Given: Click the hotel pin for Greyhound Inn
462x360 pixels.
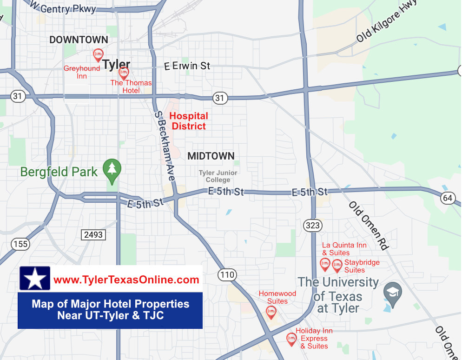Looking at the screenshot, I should point(98,55).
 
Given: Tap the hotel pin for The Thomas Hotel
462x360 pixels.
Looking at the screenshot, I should point(124,73).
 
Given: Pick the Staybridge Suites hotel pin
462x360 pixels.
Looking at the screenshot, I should point(337,266).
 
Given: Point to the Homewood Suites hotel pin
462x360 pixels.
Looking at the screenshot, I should point(271,312).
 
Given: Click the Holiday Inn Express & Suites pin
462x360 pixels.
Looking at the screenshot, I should point(291,339).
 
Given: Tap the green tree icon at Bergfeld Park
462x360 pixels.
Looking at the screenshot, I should point(112,168).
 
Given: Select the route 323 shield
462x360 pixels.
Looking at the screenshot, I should point(313,226).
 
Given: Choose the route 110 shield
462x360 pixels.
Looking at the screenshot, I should point(227,275).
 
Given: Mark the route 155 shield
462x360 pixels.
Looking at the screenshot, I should point(20,244).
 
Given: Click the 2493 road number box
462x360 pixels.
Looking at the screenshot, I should point(93,235).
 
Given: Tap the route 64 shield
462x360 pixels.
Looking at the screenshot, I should point(448,198).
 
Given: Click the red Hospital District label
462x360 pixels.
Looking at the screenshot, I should point(189,121).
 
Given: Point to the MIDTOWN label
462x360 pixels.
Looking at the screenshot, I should point(211,156).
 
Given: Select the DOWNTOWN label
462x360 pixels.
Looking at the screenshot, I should point(79,40).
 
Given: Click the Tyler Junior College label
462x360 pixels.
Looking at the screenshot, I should point(218,176).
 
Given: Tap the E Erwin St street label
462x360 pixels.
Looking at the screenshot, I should point(187,67).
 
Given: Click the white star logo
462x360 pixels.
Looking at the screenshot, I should point(35,279).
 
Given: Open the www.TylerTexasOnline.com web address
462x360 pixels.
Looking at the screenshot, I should point(126,280).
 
